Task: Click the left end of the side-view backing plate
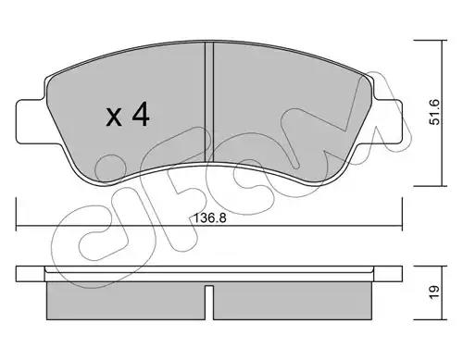(20, 274)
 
